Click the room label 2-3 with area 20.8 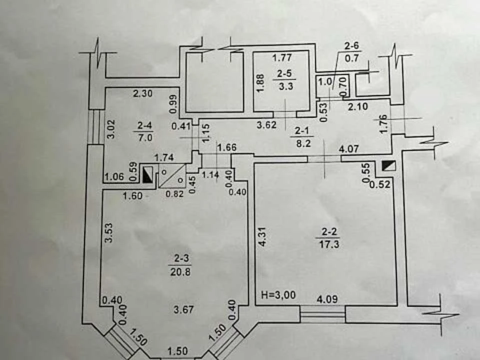(x=180, y=265)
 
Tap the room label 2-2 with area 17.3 (x=329, y=238)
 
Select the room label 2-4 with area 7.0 (x=145, y=131)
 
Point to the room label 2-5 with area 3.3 (x=285, y=79)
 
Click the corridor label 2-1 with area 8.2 (x=302, y=137)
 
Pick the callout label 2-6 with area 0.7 (x=351, y=52)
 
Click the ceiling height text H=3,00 (x=278, y=295)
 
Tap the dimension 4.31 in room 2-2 (x=263, y=236)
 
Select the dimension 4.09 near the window (x=327, y=299)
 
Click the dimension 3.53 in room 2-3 (x=108, y=232)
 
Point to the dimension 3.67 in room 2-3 (x=183, y=309)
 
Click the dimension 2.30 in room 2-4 (x=142, y=93)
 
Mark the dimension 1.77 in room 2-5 (x=282, y=57)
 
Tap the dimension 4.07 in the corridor (x=348, y=149)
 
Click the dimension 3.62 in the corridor (x=266, y=124)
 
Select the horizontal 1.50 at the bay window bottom (x=178, y=351)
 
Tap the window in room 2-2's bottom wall (x=322, y=314)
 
